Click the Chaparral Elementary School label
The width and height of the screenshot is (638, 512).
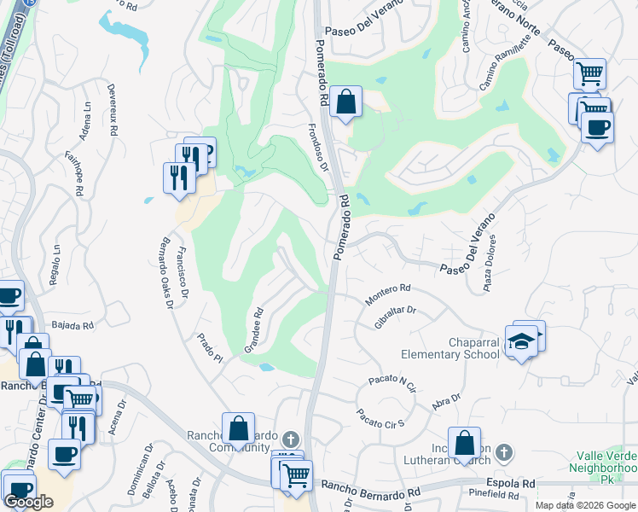coord(450,347)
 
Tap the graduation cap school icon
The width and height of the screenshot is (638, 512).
coord(521,342)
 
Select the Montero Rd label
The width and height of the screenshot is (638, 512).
coord(388,295)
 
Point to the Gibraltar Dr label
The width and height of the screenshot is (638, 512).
coord(394,317)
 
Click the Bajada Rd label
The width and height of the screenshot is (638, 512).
coord(72,325)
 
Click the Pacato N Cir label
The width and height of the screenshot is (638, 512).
coord(391,381)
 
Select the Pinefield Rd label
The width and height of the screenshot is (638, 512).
coord(494,494)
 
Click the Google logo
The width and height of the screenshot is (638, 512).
coord(29,502)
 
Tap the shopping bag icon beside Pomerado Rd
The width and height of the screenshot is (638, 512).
coord(345,102)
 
